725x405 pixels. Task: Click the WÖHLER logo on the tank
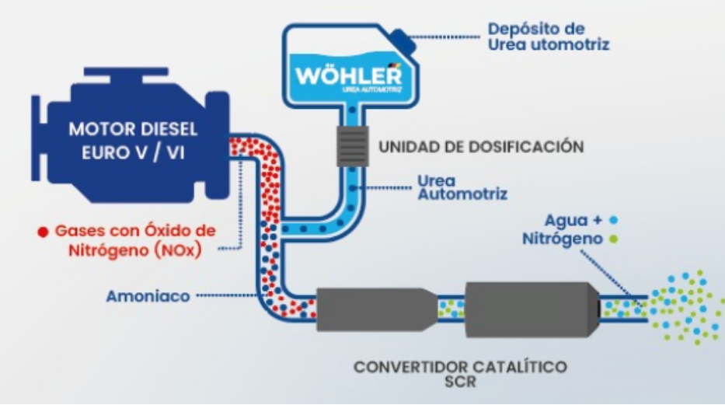point(349,76)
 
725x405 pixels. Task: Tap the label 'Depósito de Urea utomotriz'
point(548,37)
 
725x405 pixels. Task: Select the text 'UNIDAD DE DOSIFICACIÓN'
point(480,145)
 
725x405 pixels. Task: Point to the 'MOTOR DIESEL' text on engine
point(133,129)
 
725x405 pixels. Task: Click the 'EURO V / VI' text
point(133,152)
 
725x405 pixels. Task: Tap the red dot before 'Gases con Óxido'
point(44,232)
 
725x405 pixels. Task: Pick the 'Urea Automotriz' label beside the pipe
point(462,187)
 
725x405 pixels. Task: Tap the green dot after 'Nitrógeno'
point(615,239)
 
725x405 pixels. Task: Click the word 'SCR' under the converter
point(460,382)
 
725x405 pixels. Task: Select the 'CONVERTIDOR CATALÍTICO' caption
point(460,366)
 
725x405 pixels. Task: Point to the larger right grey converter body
point(533,309)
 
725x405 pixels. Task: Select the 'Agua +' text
point(576,220)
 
